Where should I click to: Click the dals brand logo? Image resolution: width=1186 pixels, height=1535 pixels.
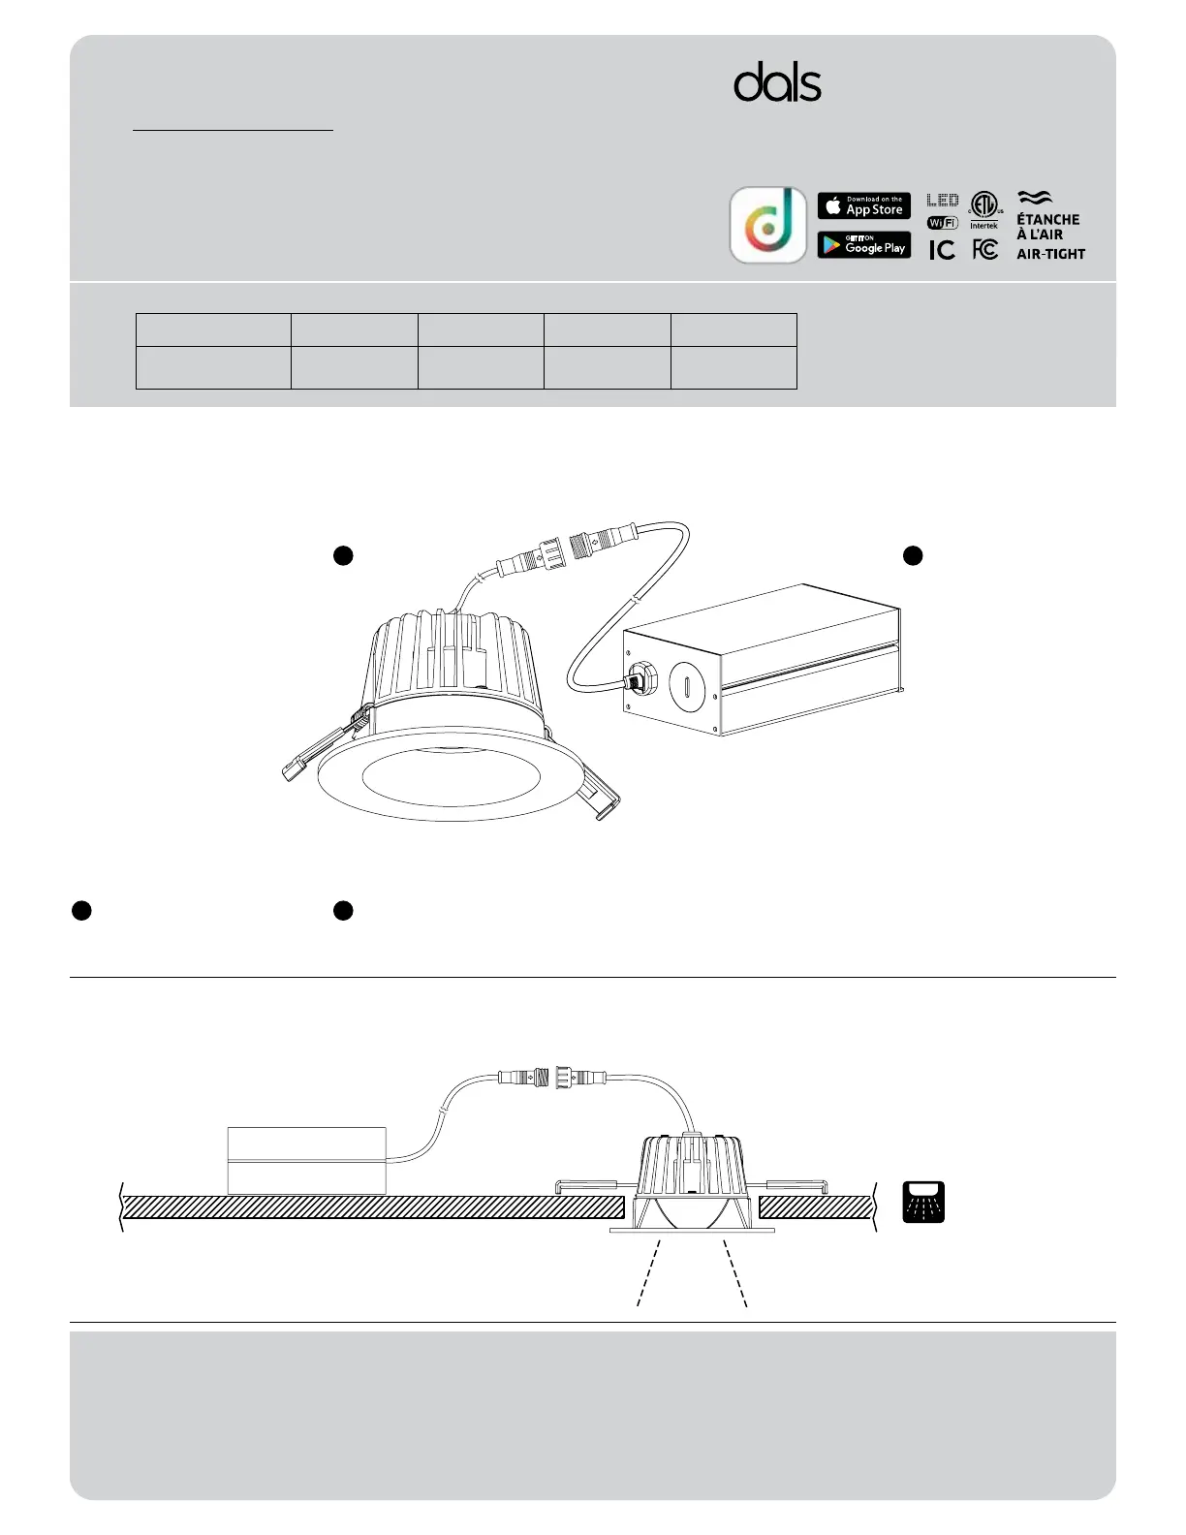point(777,83)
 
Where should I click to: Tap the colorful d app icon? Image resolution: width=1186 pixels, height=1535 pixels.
point(767,225)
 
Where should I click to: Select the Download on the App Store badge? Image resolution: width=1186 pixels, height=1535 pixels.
point(863,205)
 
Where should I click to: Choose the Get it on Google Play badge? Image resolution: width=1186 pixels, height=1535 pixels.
point(863,245)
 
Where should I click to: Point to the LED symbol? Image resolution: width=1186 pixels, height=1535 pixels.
point(943,201)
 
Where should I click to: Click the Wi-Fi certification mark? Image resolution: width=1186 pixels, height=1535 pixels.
point(943,223)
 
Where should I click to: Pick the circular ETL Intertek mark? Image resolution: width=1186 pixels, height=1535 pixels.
point(984,206)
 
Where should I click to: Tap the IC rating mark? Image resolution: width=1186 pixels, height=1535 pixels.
point(942,250)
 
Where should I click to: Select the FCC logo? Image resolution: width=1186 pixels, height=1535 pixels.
point(984,250)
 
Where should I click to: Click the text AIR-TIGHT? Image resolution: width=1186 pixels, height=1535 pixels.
point(1050,254)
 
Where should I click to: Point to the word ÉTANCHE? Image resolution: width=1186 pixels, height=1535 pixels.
point(1047,220)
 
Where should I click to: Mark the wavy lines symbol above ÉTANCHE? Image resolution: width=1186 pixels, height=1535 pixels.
point(1035,199)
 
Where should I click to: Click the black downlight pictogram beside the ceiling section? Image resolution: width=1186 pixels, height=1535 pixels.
point(923,1202)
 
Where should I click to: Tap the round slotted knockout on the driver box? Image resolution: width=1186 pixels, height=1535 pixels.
point(683,685)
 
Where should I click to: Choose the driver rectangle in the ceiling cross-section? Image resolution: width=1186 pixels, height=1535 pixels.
point(306,1160)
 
